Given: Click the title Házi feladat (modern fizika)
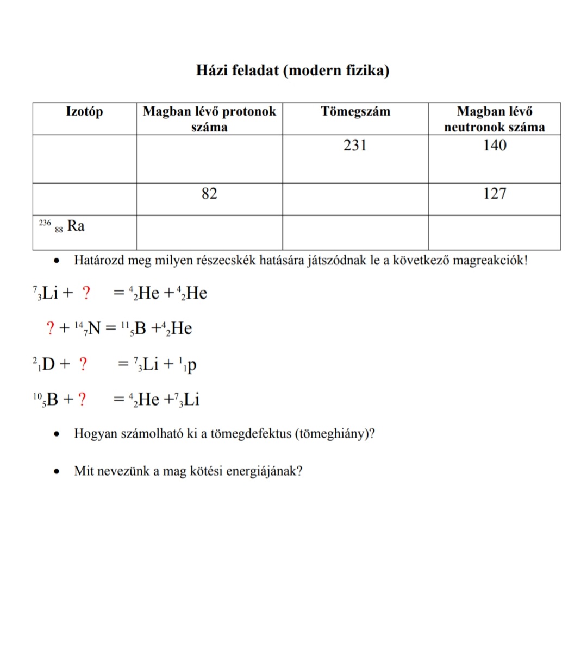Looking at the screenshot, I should coord(292,71).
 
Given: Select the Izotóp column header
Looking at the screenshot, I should coord(84,112).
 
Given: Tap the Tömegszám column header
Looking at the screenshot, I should coord(355,112).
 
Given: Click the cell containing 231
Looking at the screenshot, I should coord(355,146).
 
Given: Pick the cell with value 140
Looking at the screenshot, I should coord(495,146).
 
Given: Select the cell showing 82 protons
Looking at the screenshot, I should coord(209,194).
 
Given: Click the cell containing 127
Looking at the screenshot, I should coord(495,194).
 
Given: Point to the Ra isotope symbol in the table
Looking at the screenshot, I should coord(76,226).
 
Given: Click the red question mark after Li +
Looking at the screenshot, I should coord(86,293).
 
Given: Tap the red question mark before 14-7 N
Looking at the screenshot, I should coord(51,328).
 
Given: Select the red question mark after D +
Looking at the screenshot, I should coord(83,364).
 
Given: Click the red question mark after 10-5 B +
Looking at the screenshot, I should coord(82,400).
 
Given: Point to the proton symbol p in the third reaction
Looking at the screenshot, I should coord(192,365).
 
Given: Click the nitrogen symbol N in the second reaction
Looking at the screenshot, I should coord(94,328).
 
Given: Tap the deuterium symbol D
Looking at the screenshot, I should coord(48,364).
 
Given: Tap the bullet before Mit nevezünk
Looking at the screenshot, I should coord(57,471).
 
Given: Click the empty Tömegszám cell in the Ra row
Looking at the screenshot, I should coord(355,232).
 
